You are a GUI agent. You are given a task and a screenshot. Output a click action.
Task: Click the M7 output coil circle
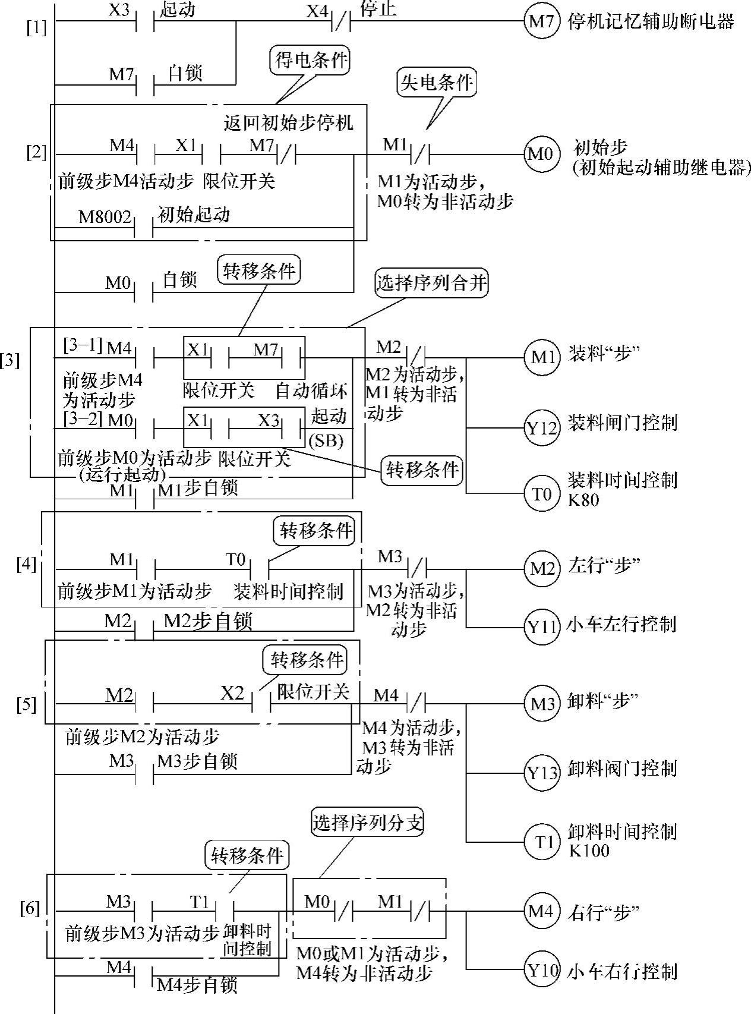541,22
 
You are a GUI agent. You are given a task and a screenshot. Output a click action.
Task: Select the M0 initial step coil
541,155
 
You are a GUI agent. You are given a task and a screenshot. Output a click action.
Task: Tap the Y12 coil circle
541,427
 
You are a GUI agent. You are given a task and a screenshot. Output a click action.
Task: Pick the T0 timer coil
541,493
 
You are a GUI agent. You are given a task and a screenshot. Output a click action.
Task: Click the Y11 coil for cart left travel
541,626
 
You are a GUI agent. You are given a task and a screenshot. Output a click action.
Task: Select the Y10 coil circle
541,971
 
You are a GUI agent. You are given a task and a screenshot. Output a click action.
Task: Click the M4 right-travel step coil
541,911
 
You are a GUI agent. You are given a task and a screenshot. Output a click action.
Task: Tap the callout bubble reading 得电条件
311,60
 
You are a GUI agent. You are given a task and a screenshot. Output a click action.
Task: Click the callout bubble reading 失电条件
437,83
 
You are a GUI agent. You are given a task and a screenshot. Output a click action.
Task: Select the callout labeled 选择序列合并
432,284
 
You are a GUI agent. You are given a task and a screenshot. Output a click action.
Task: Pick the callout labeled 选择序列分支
368,822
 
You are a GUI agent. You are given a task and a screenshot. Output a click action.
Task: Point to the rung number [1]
36,27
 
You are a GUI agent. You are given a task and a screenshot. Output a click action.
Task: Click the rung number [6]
30,908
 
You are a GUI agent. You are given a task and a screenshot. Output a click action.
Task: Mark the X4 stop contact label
317,10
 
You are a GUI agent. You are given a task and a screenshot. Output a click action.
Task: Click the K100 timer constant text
589,851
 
